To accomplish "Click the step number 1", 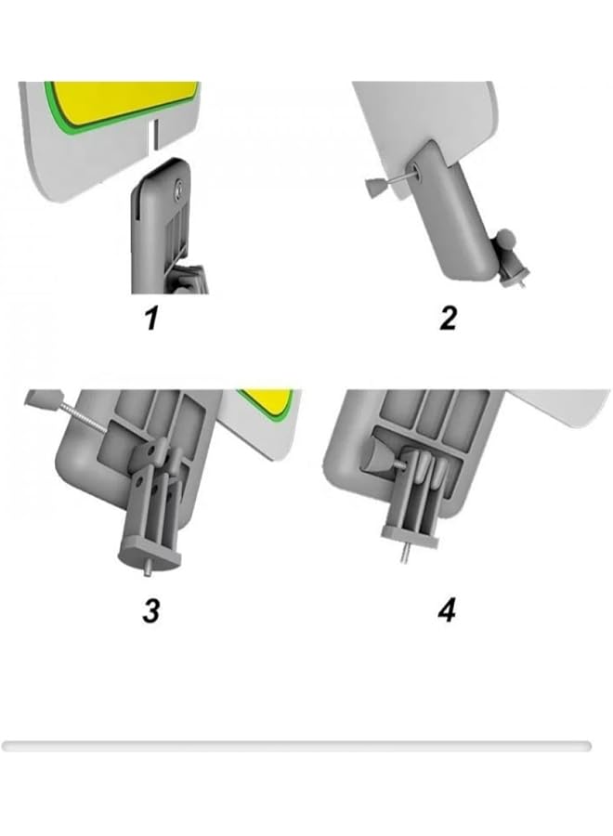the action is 152,319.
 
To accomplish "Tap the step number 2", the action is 449,319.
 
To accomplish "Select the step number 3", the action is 151,610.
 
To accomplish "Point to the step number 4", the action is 448,610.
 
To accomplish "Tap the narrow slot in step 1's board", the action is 156,133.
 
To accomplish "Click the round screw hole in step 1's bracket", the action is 179,187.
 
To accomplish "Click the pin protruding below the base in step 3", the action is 146,568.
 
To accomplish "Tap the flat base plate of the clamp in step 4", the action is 411,537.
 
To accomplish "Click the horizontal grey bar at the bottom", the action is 296,746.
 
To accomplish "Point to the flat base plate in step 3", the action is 149,554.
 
